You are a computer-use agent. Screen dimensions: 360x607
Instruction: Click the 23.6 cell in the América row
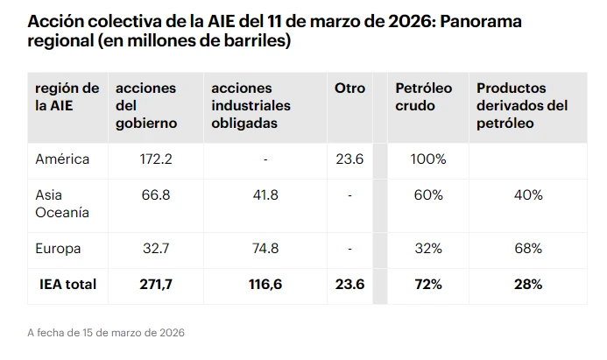coord(349,159)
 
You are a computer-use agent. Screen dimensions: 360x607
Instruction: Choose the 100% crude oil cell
coord(428,159)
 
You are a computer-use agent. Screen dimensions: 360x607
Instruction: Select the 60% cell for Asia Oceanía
coord(428,194)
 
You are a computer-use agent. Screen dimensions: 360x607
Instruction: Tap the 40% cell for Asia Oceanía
coord(528,194)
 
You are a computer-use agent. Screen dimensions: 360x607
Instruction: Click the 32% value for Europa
coord(428,249)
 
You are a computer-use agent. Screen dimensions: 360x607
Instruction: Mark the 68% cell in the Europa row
coord(528,249)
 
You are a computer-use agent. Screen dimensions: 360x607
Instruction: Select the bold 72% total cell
coord(428,285)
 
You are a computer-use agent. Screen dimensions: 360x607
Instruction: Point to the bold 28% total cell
coord(528,285)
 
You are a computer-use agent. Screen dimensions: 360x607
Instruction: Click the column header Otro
coord(349,88)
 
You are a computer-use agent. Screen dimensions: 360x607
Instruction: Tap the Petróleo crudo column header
coord(424,97)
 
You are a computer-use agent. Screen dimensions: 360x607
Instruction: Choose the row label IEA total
coord(67,285)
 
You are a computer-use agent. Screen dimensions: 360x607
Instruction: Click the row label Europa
coord(58,249)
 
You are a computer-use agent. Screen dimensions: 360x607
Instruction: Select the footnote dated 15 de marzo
coord(106,333)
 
